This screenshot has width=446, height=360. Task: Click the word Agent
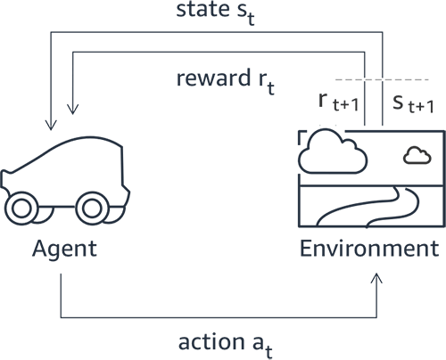click(64, 250)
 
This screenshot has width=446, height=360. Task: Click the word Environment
click(369, 248)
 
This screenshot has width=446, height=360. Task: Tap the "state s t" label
click(216, 12)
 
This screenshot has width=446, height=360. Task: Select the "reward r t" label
click(226, 81)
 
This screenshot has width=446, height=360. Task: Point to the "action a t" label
click(226, 345)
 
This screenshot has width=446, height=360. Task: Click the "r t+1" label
click(339, 102)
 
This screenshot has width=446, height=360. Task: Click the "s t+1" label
click(413, 104)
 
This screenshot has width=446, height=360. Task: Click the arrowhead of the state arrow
click(51, 125)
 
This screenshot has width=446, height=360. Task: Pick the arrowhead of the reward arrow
click(73, 109)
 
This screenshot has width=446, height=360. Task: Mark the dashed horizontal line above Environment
click(382, 79)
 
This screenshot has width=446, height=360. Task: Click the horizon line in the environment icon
click(372, 186)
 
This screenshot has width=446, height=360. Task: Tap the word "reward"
click(213, 78)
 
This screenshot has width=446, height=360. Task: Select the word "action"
click(211, 342)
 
